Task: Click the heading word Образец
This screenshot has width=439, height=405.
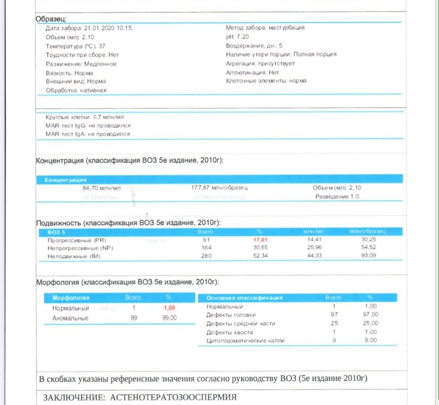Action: coord(51,19)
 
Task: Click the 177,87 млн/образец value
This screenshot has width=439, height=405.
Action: coord(219,188)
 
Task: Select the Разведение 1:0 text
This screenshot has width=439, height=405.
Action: coord(338,197)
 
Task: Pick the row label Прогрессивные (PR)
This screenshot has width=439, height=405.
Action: coord(77,241)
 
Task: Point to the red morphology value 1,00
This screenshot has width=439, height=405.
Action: coord(169,307)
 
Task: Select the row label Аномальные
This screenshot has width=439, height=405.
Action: coord(71,317)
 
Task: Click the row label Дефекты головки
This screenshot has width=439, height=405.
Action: coord(231,314)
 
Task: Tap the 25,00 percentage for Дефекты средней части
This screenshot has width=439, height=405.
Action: coord(370,323)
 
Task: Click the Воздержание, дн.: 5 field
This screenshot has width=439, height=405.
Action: coord(254,46)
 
